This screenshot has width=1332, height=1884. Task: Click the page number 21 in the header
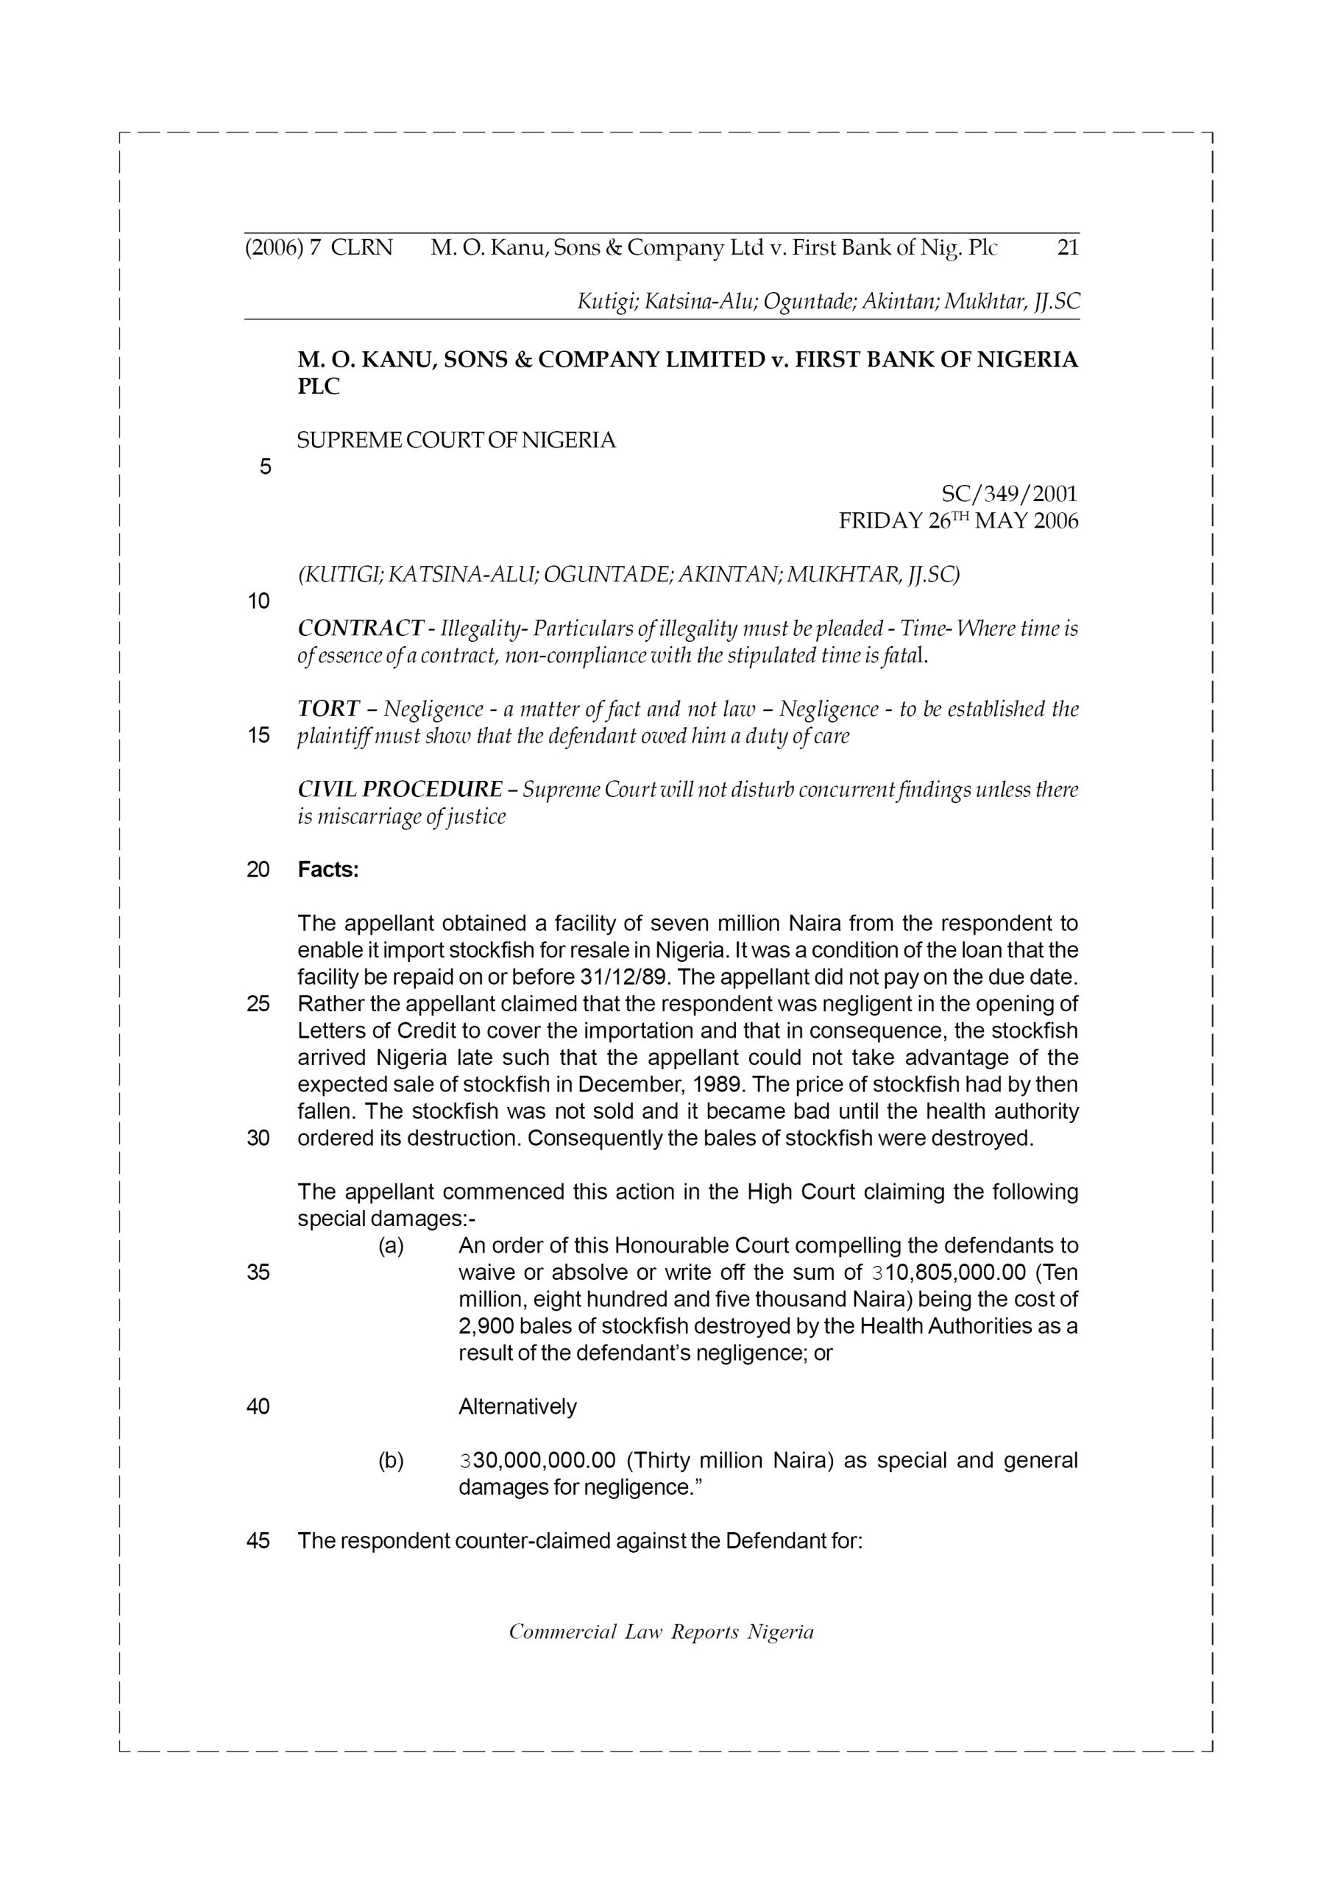pyautogui.click(x=1067, y=248)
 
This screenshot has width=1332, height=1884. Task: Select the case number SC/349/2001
pyautogui.click(x=1009, y=494)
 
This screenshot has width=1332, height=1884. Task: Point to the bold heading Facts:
pyautogui.click(x=328, y=870)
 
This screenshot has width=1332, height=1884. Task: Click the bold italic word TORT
pyautogui.click(x=328, y=709)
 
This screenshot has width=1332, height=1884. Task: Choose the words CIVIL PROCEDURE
pyautogui.click(x=400, y=790)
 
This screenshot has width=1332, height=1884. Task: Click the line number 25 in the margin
pyautogui.click(x=258, y=1005)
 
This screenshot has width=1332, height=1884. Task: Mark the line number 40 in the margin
pyautogui.click(x=258, y=1407)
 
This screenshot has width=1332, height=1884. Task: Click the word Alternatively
pyautogui.click(x=517, y=1407)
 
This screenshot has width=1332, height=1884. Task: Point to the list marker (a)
pyautogui.click(x=391, y=1247)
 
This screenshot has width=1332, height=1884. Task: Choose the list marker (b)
pyautogui.click(x=391, y=1461)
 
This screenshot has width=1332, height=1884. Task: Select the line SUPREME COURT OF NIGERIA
pyautogui.click(x=456, y=441)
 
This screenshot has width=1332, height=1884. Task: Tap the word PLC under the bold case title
pyautogui.click(x=318, y=387)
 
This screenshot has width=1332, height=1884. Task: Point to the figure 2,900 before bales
pyautogui.click(x=486, y=1327)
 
